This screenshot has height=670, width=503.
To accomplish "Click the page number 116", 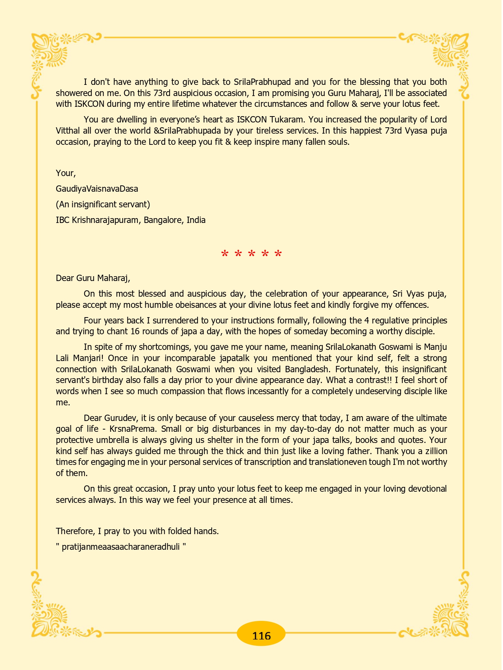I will tap(261, 635).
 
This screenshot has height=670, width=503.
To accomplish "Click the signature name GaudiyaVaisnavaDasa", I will tap(97, 189).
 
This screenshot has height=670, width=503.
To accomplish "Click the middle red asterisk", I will tap(251, 255).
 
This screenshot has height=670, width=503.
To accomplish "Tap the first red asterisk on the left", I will tap(225, 255).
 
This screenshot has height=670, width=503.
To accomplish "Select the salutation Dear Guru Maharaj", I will tap(93, 278).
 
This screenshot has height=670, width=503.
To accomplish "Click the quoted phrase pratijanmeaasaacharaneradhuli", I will tap(121, 547).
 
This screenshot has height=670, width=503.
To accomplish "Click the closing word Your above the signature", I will tap(66, 173).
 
